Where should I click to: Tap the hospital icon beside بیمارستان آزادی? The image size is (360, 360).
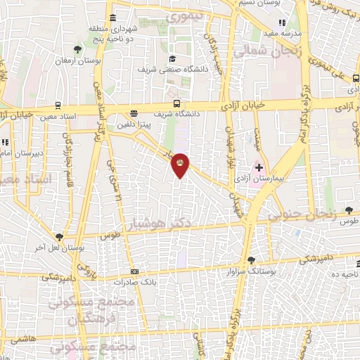click(x=259, y=167)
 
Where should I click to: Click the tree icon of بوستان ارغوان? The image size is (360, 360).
click(x=77, y=49)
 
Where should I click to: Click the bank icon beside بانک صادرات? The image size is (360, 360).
click(x=134, y=272)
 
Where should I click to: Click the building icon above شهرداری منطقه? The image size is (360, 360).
click(x=114, y=18)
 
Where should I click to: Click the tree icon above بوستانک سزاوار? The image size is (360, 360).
click(x=251, y=260)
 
